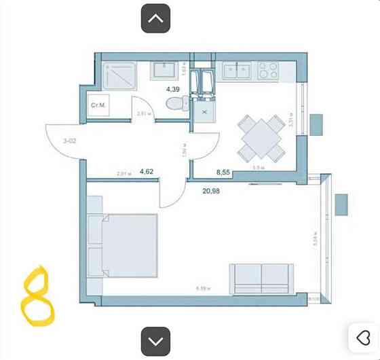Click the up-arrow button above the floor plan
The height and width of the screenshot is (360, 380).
click(x=155, y=18)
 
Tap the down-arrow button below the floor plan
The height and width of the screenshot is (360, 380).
click(x=155, y=340)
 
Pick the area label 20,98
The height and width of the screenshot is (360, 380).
click(x=211, y=191)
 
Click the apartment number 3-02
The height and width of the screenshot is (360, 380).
click(x=69, y=141)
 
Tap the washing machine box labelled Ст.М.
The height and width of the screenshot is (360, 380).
click(x=97, y=106)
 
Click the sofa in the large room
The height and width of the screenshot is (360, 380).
click(x=261, y=278)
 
